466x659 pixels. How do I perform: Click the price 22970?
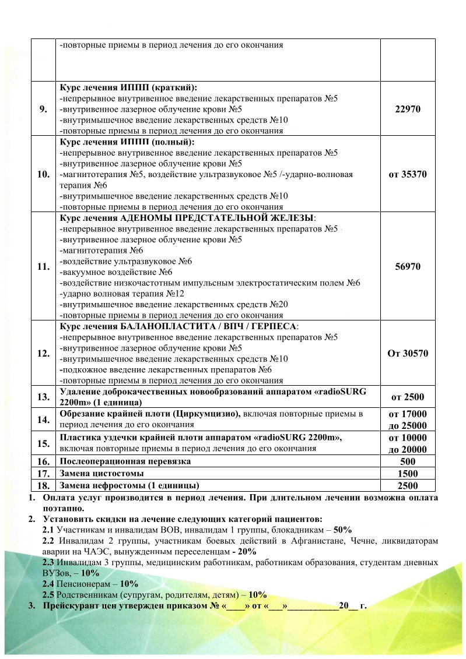408,109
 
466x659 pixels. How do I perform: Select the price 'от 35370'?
408,174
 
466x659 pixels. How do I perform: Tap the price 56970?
408,266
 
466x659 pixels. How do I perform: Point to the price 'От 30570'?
408,353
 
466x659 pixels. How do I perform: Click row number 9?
43,109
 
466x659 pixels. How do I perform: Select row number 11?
43,266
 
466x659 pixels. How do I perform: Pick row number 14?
43,420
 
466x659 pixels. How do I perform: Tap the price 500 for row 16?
408,461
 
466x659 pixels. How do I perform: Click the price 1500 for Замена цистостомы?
408,473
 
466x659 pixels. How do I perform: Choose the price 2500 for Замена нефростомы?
408,485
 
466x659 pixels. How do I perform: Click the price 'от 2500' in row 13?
408,397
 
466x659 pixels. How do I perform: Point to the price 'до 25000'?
408,425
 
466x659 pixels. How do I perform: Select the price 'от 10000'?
408,438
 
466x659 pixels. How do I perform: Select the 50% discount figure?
342,530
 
